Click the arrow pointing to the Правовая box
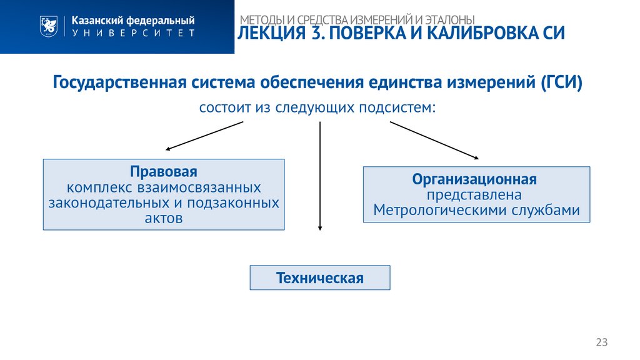(203, 136)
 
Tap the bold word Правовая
(164, 172)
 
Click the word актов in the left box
(164, 218)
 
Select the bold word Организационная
(474, 179)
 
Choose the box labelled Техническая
(320, 277)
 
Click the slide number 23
(601, 342)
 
